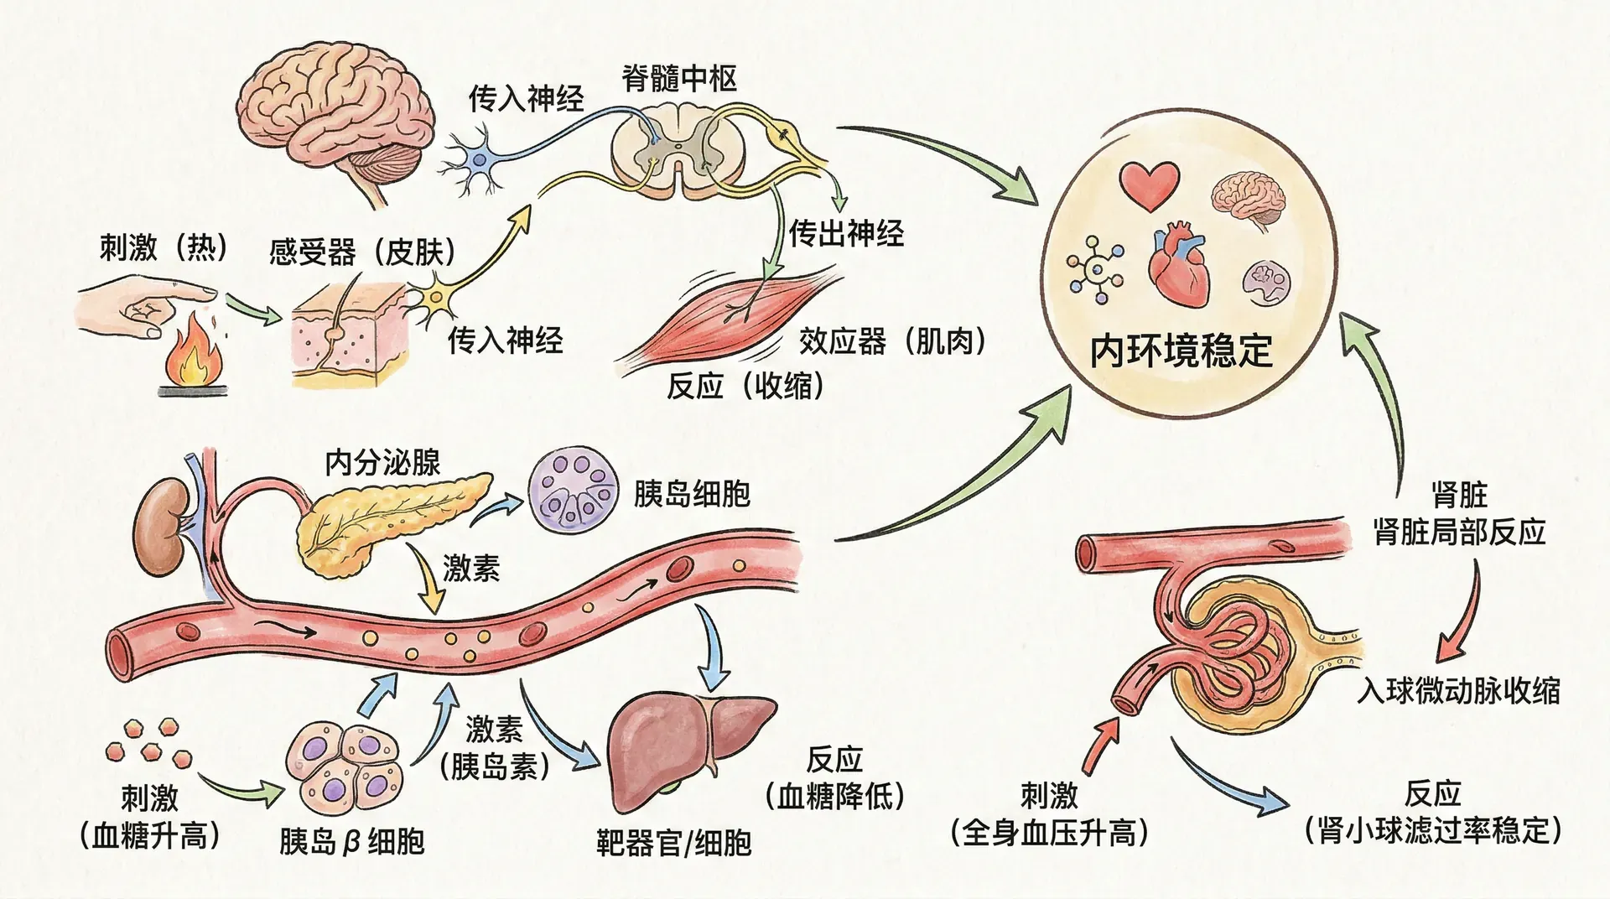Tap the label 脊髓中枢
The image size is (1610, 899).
(x=679, y=79)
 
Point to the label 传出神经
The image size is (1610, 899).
(x=846, y=233)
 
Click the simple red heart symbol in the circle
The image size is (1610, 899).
(x=1150, y=184)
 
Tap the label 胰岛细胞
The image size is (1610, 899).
(x=692, y=494)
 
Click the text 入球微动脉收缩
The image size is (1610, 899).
(x=1458, y=691)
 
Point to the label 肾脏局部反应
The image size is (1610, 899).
(x=1460, y=532)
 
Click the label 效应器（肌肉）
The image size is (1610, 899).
(x=892, y=341)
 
